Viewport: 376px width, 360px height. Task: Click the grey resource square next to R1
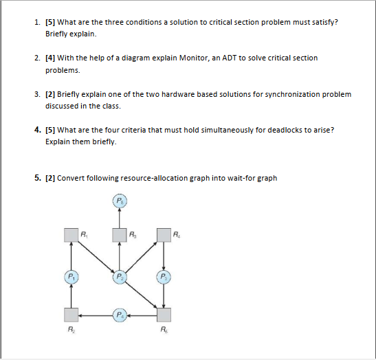pos(71,236)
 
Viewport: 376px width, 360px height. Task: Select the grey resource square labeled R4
pos(164,236)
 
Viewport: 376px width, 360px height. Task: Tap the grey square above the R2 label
pos(71,315)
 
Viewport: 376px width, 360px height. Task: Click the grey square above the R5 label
pos(164,315)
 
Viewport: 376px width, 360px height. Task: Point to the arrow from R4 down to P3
pos(164,255)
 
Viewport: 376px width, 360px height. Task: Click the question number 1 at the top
pos(37,22)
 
